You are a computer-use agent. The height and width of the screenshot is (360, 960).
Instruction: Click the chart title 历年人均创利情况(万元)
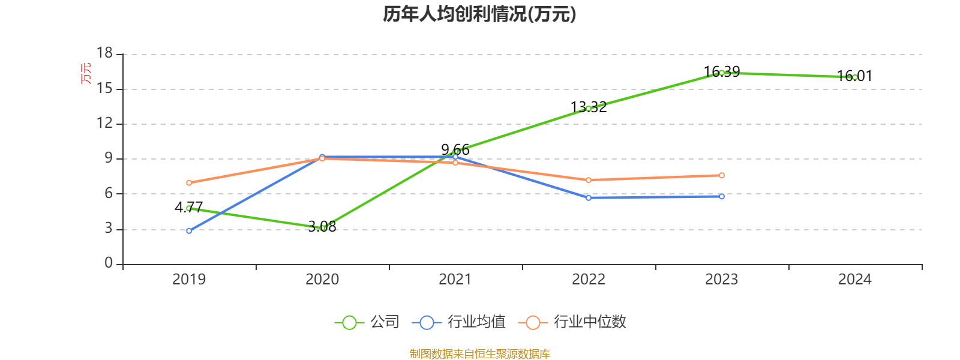479,14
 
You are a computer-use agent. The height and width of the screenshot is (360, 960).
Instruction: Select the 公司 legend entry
367,322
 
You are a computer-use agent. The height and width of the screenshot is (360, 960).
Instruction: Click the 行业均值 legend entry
459,322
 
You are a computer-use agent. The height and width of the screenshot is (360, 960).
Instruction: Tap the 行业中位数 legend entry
575,322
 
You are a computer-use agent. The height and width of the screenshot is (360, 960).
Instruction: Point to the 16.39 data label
722,72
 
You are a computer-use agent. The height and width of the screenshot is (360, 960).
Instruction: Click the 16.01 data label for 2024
854,76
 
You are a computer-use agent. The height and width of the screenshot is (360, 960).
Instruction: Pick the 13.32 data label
589,107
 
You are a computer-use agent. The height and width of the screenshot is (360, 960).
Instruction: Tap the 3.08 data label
322,227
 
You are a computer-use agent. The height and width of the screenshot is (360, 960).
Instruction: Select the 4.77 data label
189,207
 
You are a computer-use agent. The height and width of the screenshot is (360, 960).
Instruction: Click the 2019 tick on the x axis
189,279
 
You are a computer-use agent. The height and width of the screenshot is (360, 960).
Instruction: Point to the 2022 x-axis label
589,279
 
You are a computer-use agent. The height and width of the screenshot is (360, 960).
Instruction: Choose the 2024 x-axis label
854,279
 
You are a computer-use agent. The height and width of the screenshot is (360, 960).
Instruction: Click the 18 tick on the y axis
105,53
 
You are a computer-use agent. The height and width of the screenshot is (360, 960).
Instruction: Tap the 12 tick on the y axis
105,123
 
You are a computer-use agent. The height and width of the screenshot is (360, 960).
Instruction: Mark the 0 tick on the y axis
109,263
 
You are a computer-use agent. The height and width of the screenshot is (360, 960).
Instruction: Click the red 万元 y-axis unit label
86,73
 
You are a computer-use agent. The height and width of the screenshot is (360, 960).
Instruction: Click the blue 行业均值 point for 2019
189,231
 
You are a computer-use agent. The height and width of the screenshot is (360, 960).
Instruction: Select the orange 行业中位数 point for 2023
722,175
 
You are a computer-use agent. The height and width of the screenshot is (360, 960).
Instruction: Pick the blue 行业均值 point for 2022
589,197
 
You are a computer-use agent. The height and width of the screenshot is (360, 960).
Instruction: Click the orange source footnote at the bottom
479,354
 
